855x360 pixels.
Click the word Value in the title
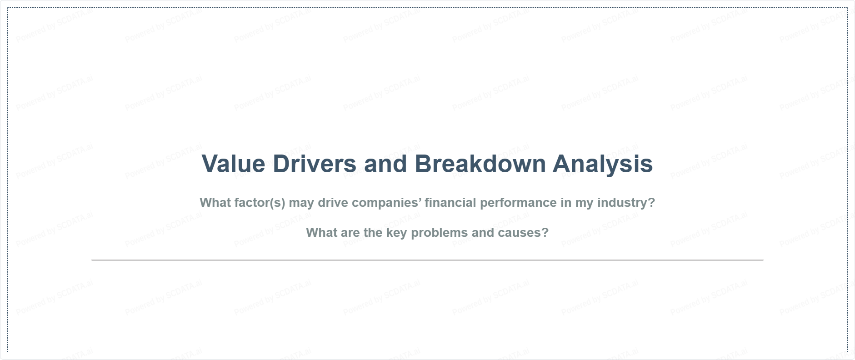point(233,164)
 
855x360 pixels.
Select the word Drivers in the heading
point(315,164)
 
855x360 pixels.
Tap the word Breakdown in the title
point(480,164)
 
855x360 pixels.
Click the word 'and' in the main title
point(385,164)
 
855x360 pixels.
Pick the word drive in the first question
point(333,202)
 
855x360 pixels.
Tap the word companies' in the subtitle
point(386,203)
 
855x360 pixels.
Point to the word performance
point(518,203)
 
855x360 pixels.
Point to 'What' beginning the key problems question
point(320,232)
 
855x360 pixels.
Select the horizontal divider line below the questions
point(427,260)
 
